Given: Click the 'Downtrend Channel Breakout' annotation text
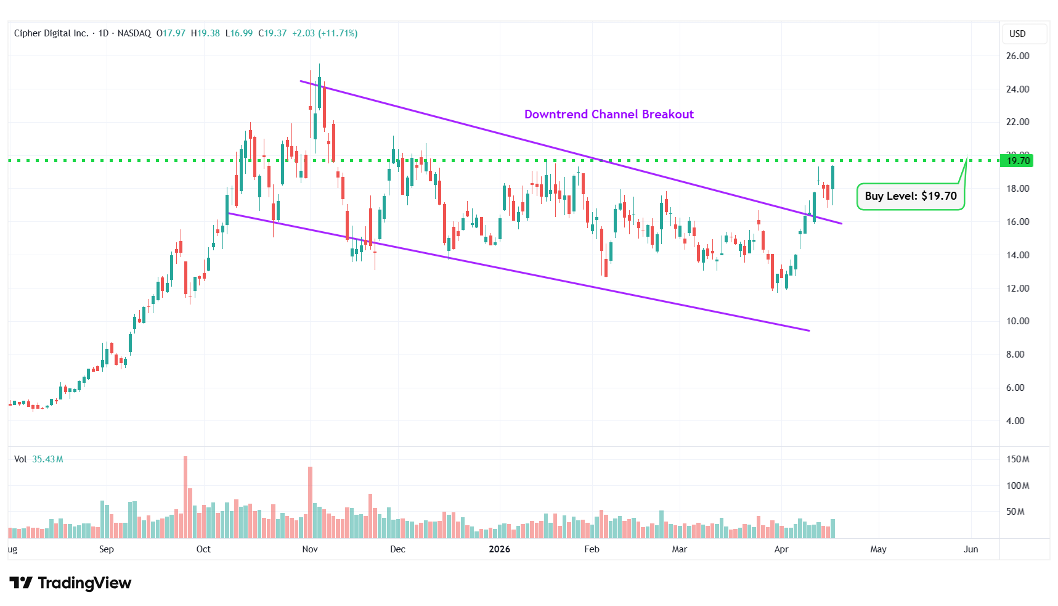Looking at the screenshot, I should click(x=609, y=114).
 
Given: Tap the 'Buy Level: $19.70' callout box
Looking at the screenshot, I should click(x=910, y=196).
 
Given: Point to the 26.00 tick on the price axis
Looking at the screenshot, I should click(x=1017, y=56).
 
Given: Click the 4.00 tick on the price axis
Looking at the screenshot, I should click(x=1015, y=421).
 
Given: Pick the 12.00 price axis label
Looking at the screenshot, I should click(x=1017, y=289).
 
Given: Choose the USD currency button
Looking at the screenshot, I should click(x=1017, y=34).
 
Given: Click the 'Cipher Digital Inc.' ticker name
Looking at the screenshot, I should click(x=51, y=33).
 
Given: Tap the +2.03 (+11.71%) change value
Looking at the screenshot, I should click(x=325, y=33).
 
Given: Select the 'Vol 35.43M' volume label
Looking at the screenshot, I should click(x=38, y=459).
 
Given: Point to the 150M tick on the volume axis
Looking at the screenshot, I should click(x=1017, y=459).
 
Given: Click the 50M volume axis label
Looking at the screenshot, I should click(x=1015, y=512).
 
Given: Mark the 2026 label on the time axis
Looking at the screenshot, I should click(x=499, y=549).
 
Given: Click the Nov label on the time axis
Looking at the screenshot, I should click(x=310, y=549).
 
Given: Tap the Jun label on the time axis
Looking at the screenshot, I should click(x=971, y=549).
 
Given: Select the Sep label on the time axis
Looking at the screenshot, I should click(x=107, y=549).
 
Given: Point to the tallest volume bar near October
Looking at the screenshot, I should click(x=185, y=497).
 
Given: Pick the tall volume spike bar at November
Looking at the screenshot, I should click(x=310, y=502).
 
